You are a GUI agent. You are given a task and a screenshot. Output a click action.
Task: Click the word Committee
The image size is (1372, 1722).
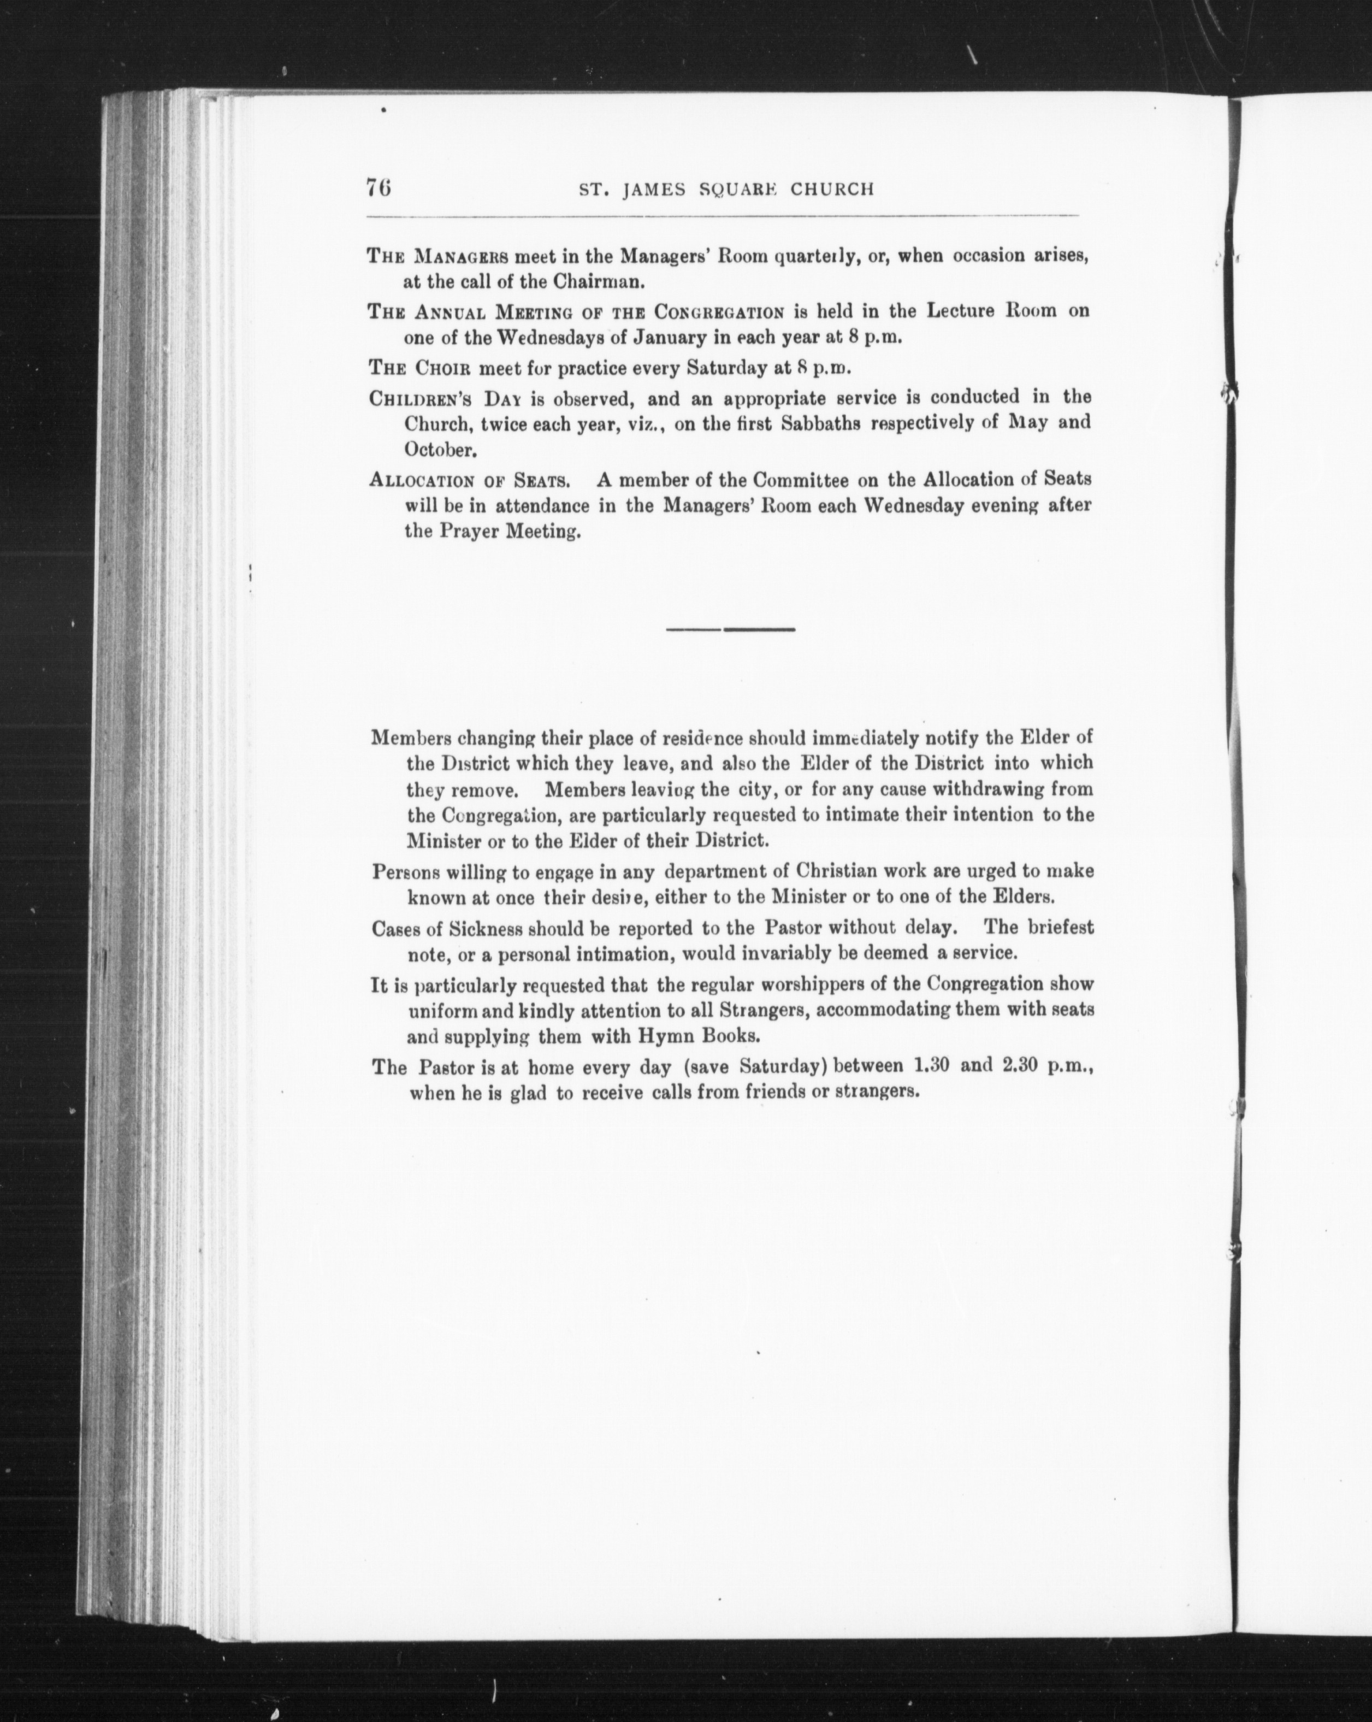click(788, 480)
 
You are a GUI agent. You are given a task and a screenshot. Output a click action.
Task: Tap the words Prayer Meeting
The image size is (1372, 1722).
click(508, 532)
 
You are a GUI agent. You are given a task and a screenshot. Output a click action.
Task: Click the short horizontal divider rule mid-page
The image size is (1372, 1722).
click(730, 629)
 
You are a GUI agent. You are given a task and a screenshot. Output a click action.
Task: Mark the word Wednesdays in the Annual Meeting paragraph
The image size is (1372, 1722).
click(549, 337)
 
